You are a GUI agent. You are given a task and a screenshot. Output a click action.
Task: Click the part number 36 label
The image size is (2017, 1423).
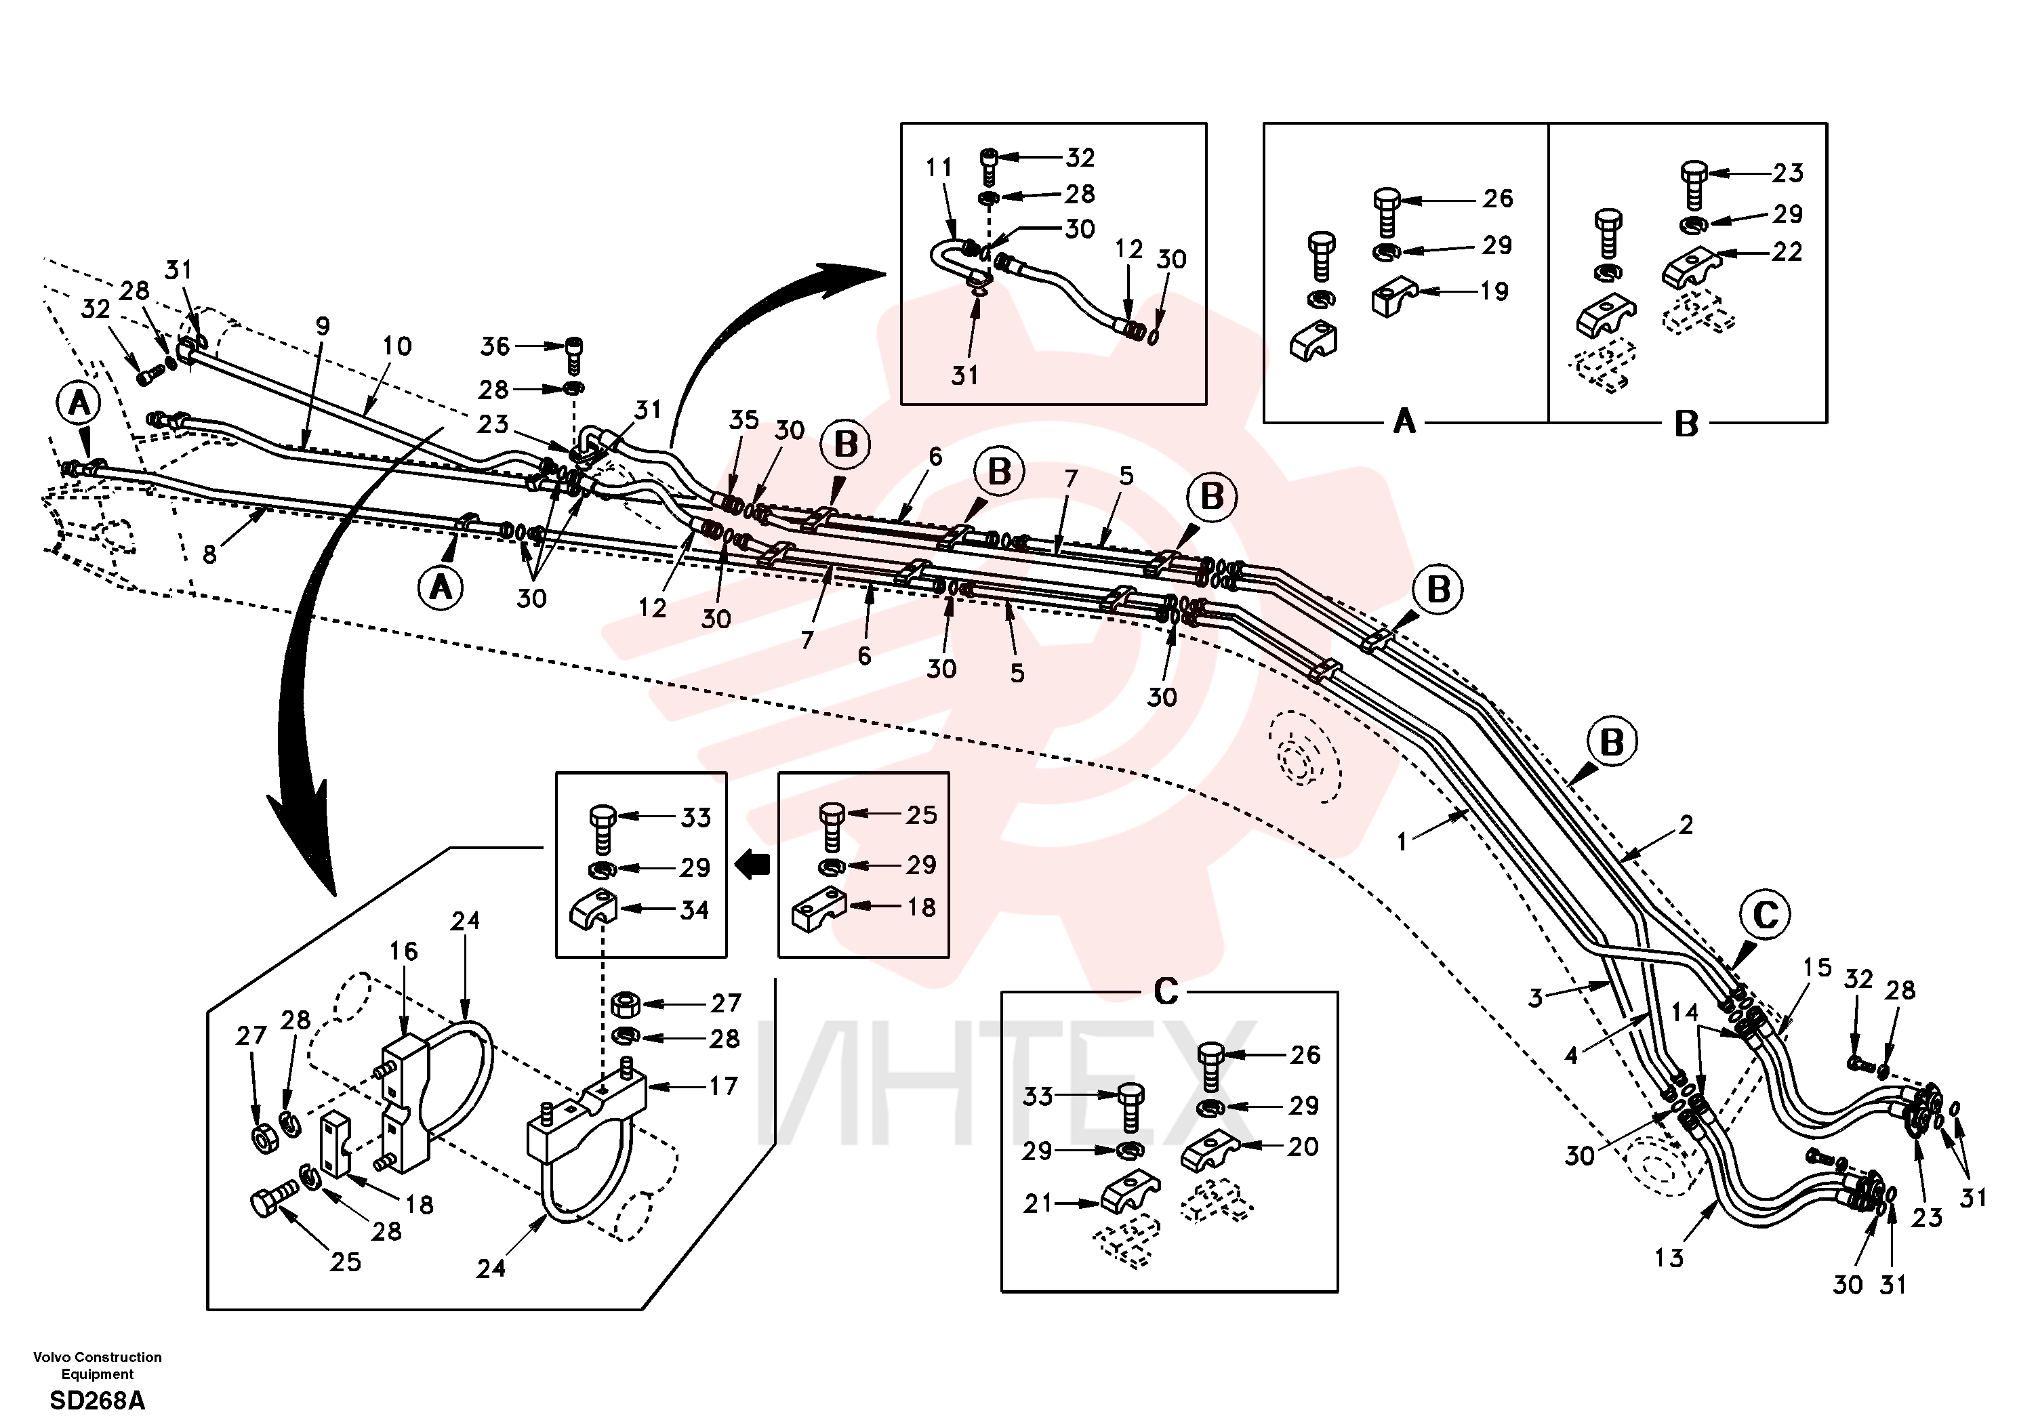coord(495,346)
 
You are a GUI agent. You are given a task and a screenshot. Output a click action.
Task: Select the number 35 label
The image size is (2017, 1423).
coord(744,420)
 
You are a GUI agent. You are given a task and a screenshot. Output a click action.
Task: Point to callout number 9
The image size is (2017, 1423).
coord(323,326)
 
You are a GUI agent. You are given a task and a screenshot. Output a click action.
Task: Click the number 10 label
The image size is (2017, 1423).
coord(396,346)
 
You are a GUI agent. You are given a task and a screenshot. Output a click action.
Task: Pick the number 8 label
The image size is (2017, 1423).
coord(209,554)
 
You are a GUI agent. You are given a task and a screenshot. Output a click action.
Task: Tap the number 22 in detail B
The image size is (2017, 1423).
coord(1787,252)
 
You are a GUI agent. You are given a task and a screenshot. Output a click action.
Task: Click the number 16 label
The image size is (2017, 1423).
coord(404,951)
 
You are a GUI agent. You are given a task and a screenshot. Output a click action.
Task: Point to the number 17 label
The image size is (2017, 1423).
coord(723,1087)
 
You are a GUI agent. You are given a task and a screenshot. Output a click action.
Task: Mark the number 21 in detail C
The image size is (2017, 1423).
coord(1038,1203)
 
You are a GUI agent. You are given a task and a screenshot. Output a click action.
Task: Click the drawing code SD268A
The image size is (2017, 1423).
coord(98,1400)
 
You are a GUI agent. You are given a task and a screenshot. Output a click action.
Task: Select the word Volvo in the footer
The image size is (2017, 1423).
coord(52,1357)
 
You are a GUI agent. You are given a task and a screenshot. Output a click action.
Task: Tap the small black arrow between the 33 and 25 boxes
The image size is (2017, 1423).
coord(752,866)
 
